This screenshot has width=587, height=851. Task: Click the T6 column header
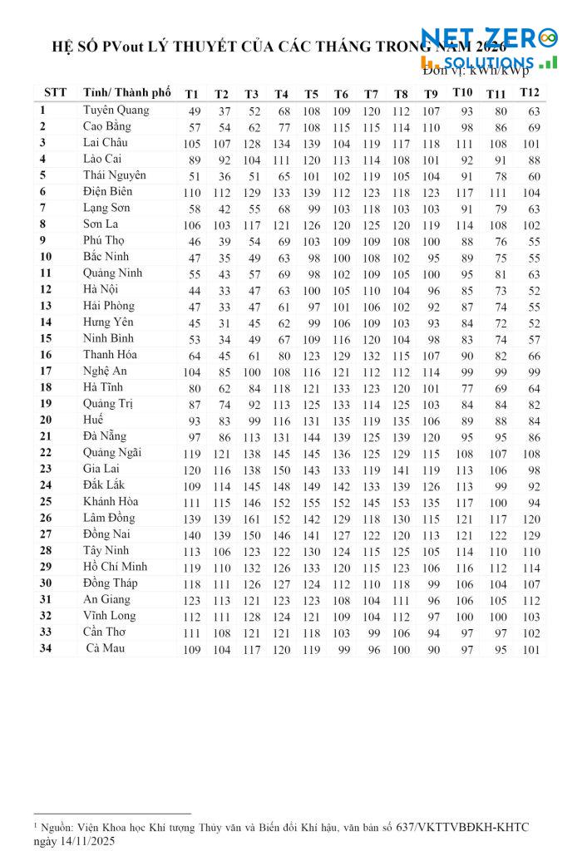tap(341, 93)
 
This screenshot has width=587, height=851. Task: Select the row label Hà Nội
tap(102, 289)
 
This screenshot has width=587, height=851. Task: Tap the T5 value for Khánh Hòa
tap(312, 503)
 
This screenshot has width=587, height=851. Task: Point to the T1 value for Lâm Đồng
tap(193, 519)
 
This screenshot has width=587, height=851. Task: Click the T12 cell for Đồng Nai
tap(530, 535)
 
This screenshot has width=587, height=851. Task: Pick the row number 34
tap(46, 648)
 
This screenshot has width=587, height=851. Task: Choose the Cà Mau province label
tap(106, 648)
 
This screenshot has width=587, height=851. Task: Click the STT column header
tap(55, 91)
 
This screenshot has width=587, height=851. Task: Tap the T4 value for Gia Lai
tap(283, 470)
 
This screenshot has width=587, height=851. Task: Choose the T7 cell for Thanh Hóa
tap(372, 356)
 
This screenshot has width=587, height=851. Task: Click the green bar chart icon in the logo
tap(548, 62)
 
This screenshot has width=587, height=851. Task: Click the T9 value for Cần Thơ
tap(432, 633)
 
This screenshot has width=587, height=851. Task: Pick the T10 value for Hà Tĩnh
tap(466, 388)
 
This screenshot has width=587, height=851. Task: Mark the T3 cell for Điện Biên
tap(252, 193)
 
